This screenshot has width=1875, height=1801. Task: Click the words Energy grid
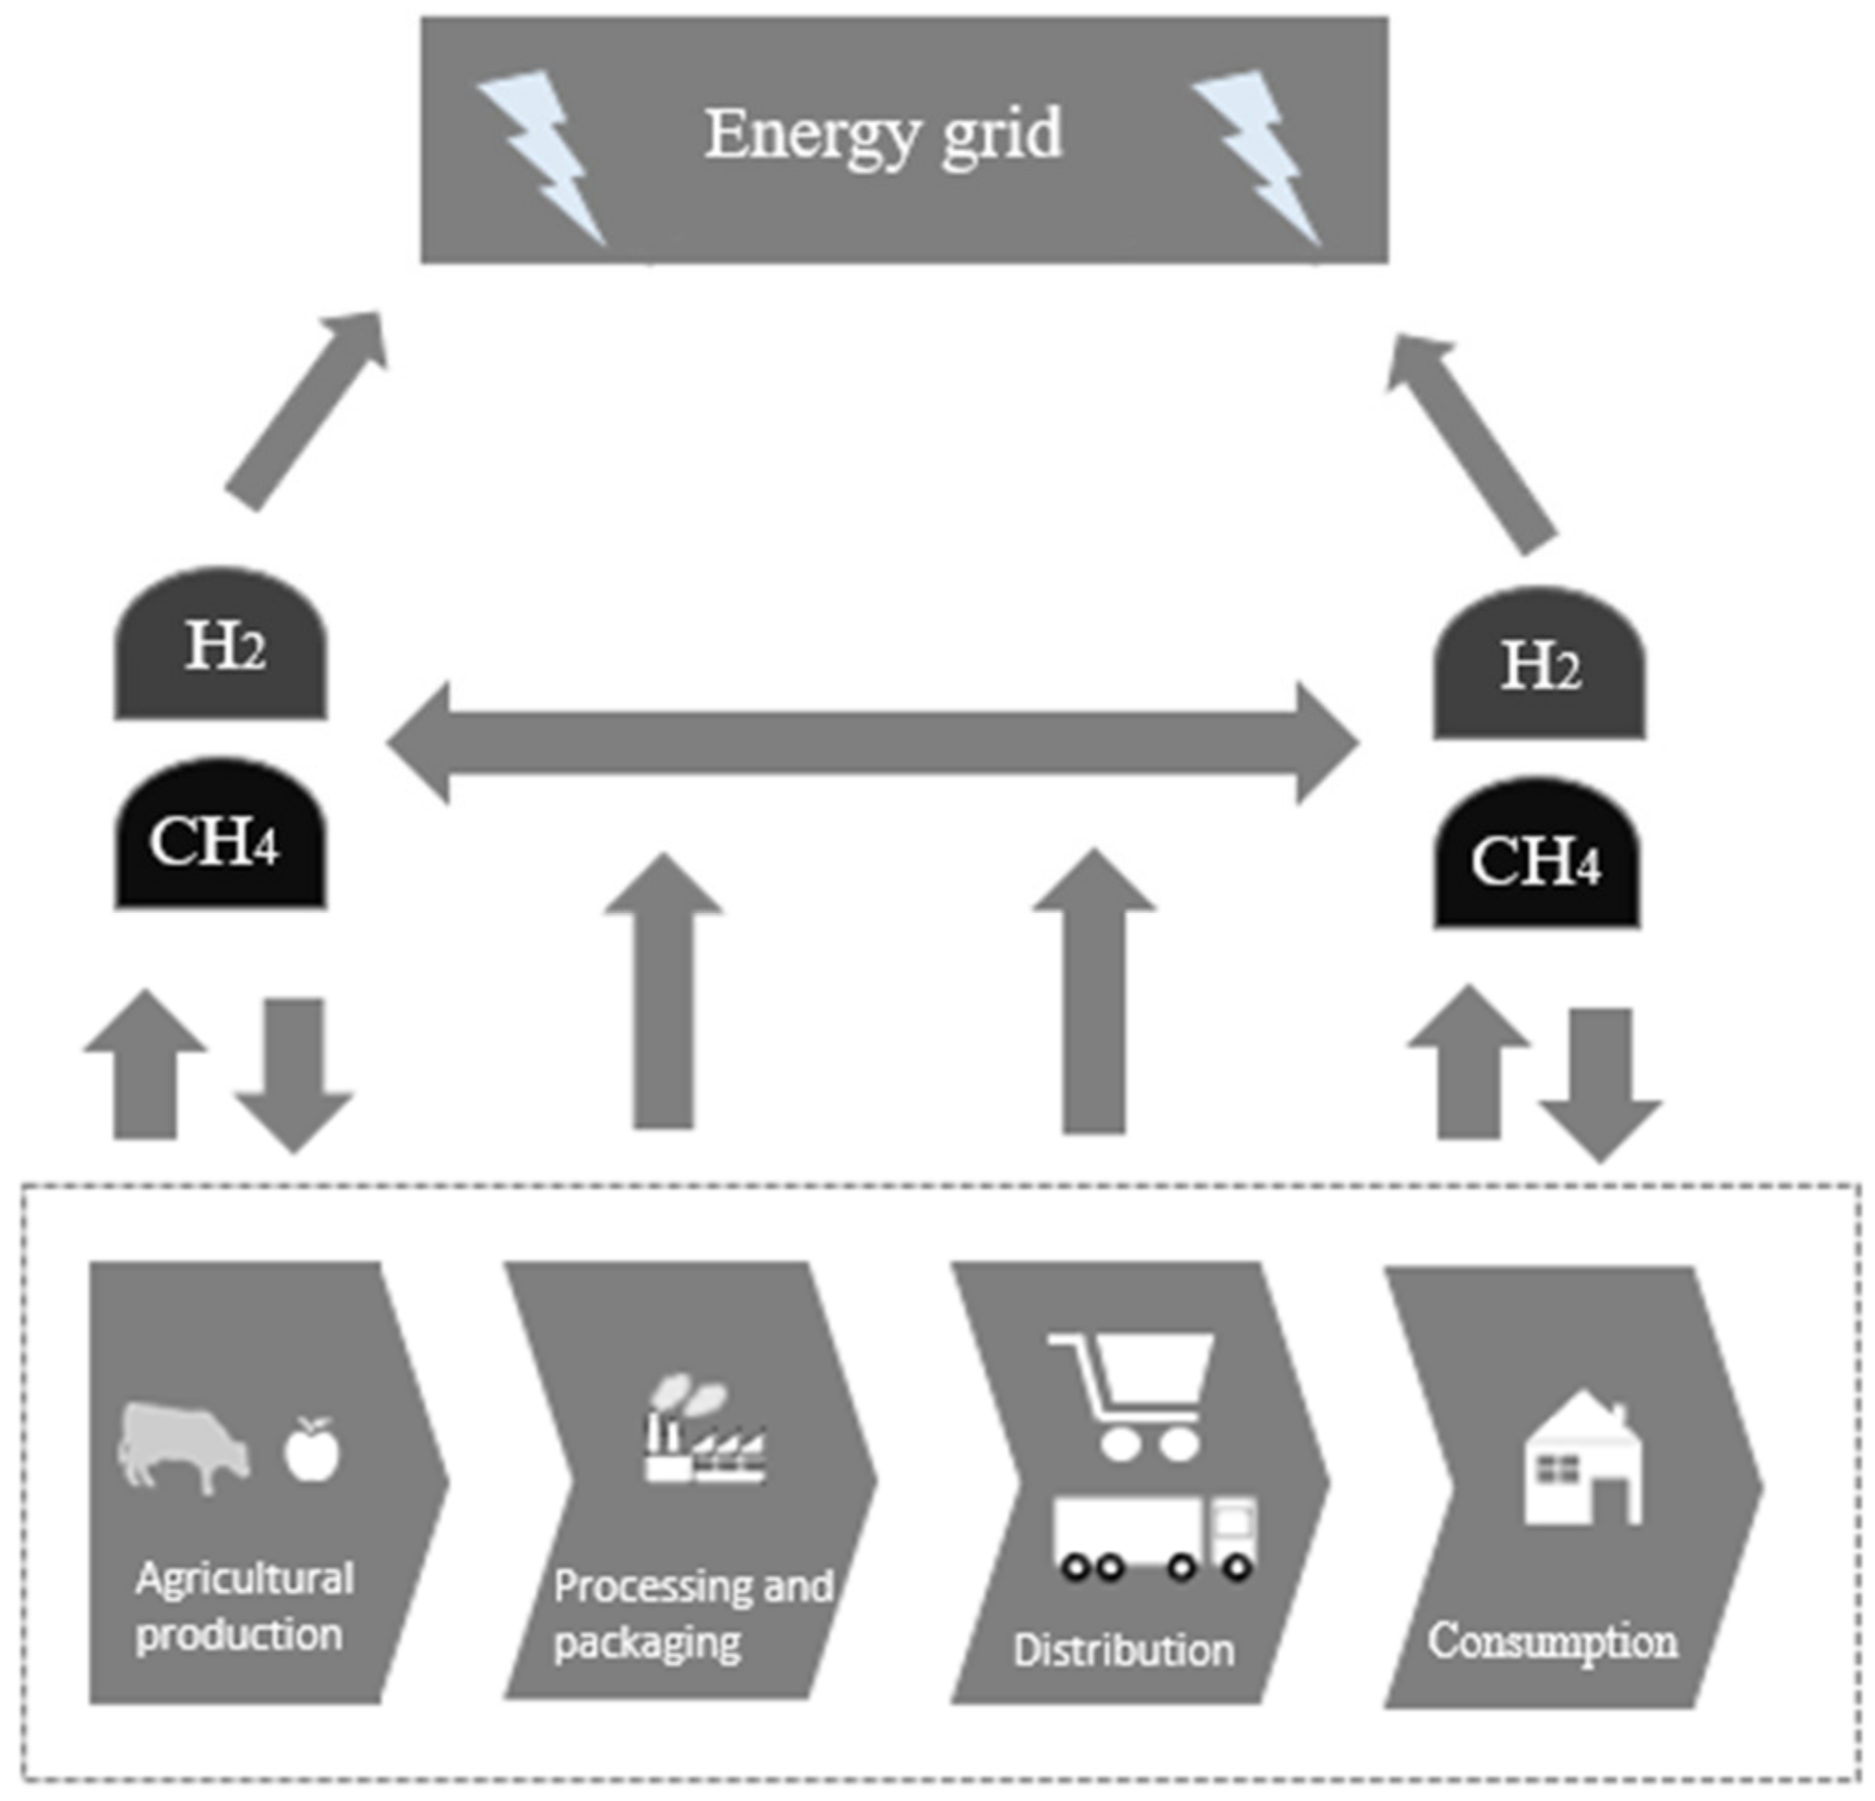[883, 135]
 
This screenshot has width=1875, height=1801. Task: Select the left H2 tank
[221, 646]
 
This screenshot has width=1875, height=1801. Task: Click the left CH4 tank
[220, 837]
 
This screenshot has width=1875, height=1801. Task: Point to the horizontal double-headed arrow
[872, 744]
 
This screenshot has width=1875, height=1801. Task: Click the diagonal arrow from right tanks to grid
[1469, 440]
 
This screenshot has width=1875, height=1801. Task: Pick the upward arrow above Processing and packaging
[663, 994]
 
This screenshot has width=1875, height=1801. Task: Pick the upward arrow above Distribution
[1094, 994]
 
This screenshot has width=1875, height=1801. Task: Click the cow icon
[181, 1445]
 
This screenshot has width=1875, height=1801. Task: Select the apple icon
[312, 1450]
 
